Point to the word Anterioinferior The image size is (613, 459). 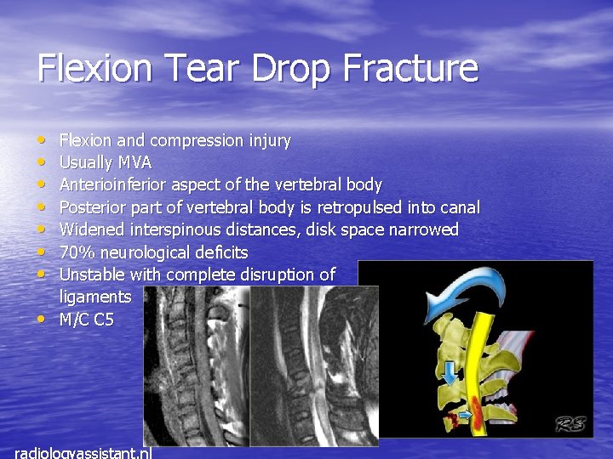[113, 184]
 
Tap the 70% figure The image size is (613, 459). [77, 252]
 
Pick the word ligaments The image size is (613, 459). [95, 297]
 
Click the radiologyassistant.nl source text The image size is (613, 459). [83, 451]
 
